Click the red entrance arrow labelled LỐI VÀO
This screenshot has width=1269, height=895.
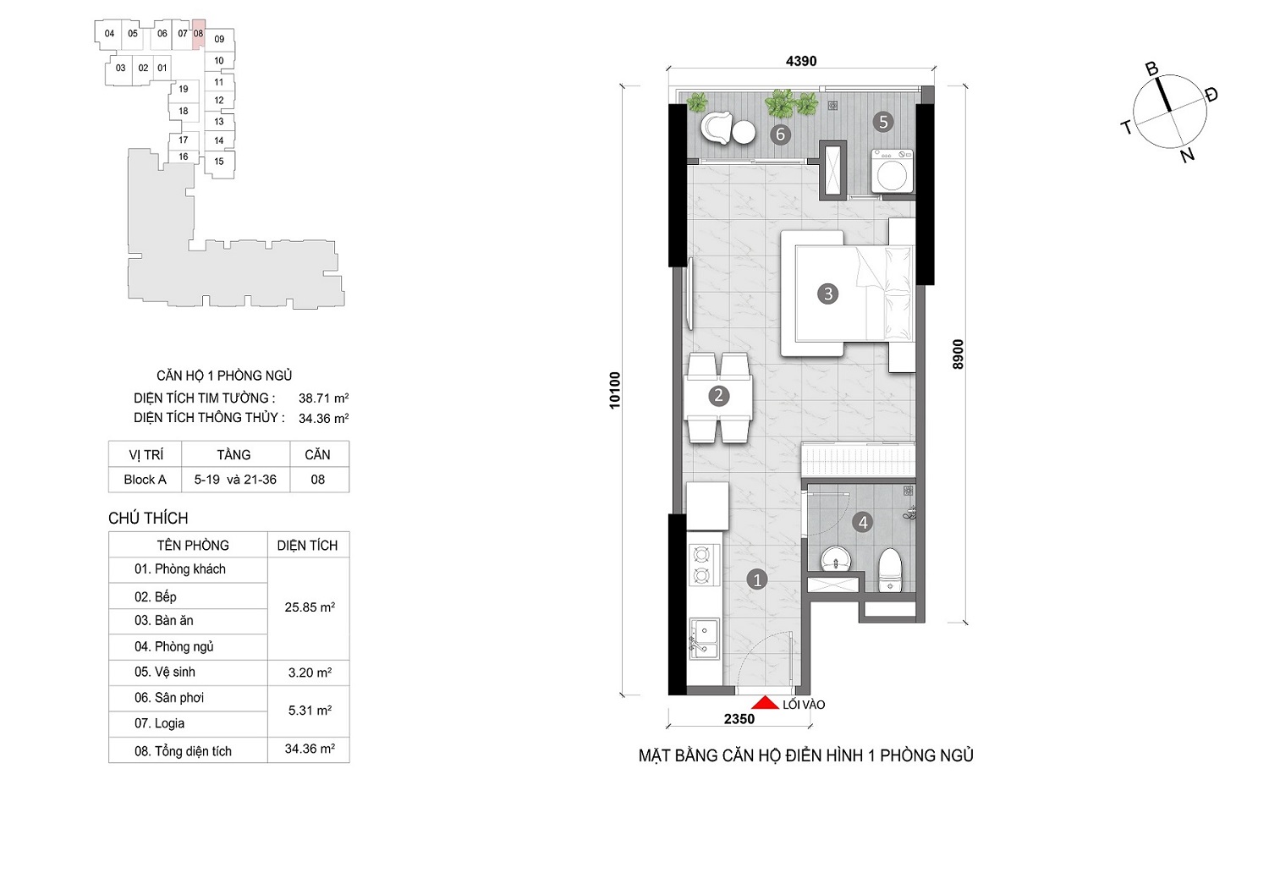coord(765,702)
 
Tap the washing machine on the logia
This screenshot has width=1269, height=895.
coord(893,171)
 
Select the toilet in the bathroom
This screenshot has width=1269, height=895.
coord(889,570)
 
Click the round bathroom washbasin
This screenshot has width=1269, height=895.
coord(836,559)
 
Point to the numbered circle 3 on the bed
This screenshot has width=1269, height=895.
coord(827,294)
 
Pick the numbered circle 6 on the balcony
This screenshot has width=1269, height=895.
coord(780,135)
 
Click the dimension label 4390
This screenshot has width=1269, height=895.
coord(801,61)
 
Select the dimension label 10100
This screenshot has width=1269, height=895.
coord(615,390)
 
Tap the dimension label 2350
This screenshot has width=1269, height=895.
coord(739,719)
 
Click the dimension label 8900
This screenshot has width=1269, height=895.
coord(958,354)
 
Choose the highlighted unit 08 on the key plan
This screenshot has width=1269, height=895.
coord(198,34)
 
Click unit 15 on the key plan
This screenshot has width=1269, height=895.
coord(219,162)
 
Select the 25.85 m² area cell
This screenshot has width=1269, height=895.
coord(310,607)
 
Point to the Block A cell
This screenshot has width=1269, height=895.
coord(145,479)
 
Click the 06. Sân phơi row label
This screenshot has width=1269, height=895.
coord(169,697)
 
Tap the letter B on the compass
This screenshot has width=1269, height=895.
coord(1151,69)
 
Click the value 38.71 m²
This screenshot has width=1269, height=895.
coord(323,398)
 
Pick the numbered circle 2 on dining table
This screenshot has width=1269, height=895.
coord(718,395)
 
